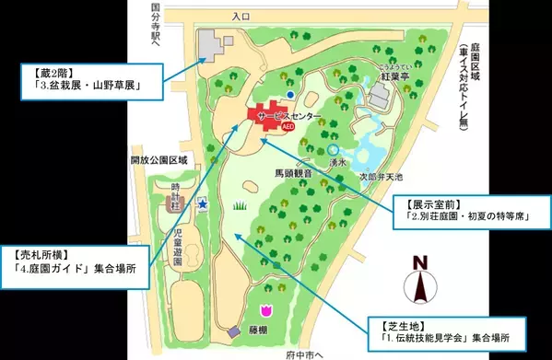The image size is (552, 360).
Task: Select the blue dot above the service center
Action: (290, 94)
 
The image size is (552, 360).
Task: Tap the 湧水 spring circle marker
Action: (333, 149)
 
